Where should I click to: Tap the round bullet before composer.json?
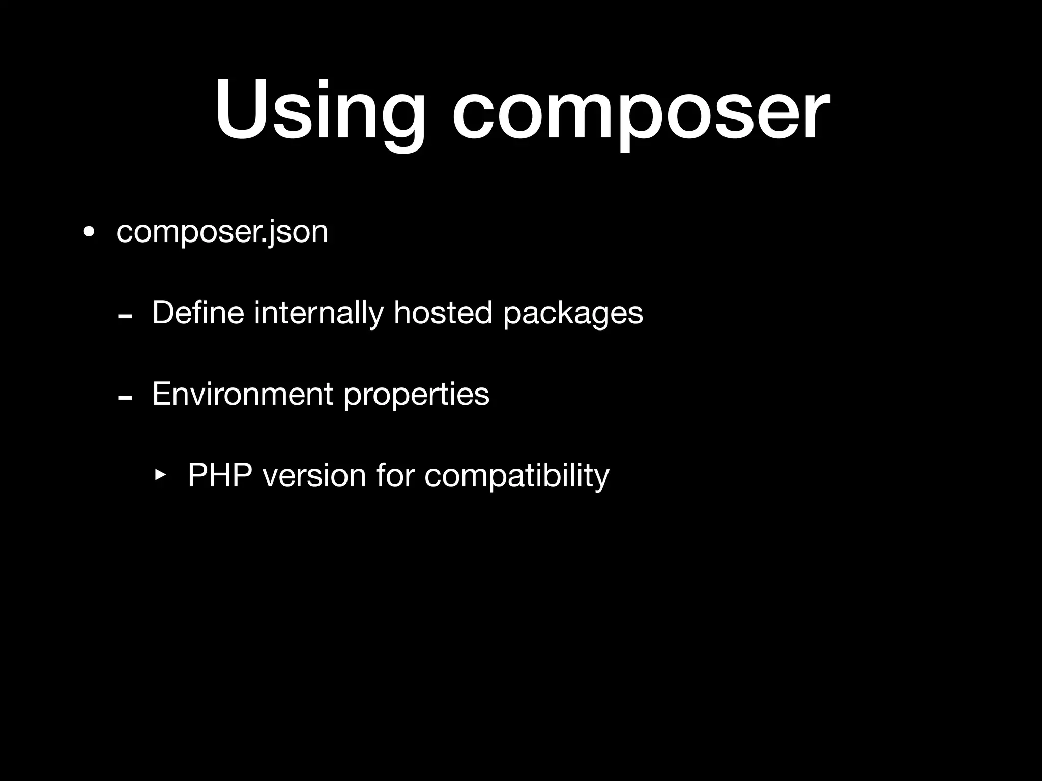tap(89, 232)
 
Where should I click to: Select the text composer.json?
tap(222, 232)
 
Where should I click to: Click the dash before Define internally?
tap(125, 317)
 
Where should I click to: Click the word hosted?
tap(443, 313)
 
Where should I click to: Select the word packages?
tap(573, 314)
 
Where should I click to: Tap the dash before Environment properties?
tap(125, 398)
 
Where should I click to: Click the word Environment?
tap(242, 394)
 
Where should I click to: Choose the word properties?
tap(416, 395)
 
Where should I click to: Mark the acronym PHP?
tap(220, 475)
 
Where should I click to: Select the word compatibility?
tap(516, 476)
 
